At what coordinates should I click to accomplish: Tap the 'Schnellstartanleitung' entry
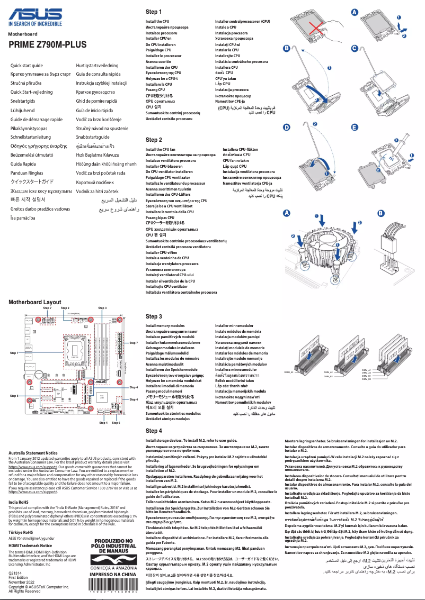pos(35,137)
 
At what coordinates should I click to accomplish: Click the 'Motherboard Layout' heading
pos(34,302)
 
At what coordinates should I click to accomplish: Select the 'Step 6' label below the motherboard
pos(116,423)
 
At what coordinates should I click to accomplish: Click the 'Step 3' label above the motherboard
pos(102,307)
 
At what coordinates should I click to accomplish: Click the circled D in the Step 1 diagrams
pos(287,128)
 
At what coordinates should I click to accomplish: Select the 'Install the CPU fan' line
pos(160,150)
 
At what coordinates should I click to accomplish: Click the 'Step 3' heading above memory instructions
pos(153,316)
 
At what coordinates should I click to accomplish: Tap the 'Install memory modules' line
pos(165,326)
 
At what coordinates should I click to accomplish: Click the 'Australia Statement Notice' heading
pos(33,453)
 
